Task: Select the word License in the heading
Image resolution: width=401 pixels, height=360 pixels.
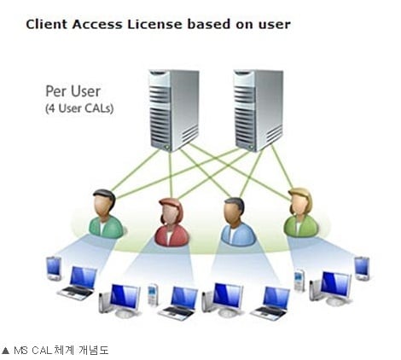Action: pyautogui.click(x=154, y=24)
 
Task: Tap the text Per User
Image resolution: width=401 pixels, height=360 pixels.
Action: pyautogui.click(x=73, y=91)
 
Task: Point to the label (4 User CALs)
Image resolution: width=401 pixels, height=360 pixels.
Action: pyautogui.click(x=79, y=108)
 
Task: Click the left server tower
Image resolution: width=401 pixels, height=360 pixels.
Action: pyautogui.click(x=174, y=110)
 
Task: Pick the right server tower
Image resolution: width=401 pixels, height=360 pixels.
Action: pyautogui.click(x=258, y=110)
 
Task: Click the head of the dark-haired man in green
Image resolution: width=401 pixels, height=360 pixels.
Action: pyautogui.click(x=104, y=202)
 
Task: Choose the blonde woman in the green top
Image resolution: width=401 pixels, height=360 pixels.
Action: pyautogui.click(x=301, y=212)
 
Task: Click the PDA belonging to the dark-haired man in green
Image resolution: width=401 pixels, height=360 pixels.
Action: pyautogui.click(x=54, y=268)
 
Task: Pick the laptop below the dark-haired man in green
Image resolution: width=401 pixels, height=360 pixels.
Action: pyautogui.click(x=78, y=283)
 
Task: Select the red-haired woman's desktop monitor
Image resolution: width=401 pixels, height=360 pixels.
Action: pyautogui.click(x=120, y=300)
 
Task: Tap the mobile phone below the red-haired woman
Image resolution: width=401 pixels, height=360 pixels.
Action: pyautogui.click(x=153, y=295)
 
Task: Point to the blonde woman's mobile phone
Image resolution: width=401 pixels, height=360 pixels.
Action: pyautogui.click(x=299, y=281)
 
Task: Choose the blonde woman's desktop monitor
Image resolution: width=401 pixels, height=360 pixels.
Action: pyautogui.click(x=331, y=288)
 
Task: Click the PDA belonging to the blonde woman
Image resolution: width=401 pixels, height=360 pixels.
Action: pyautogui.click(x=362, y=268)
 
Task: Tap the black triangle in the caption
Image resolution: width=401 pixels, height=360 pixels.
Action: pyautogui.click(x=5, y=350)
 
